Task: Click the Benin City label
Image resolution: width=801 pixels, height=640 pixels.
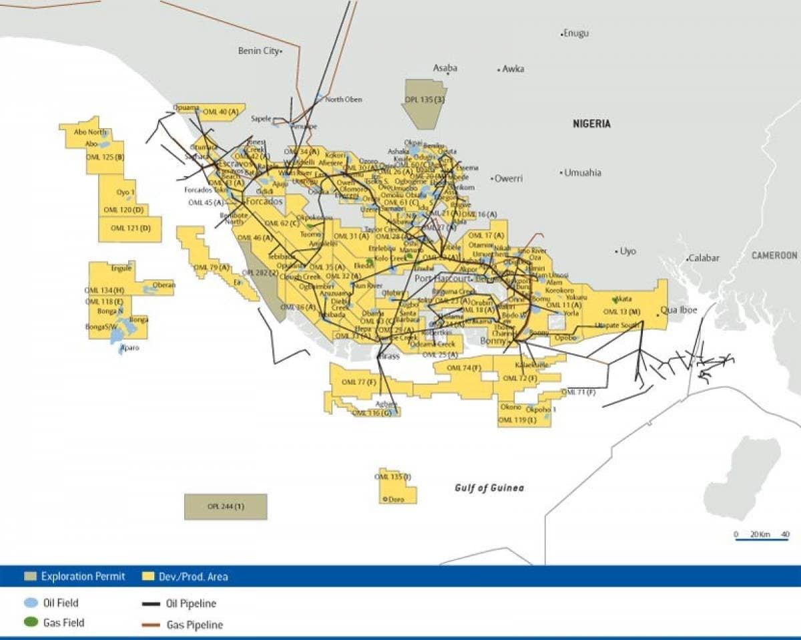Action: pos(258,51)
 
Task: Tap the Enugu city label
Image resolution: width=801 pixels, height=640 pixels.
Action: pos(577,33)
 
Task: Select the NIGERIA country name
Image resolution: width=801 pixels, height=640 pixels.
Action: pos(592,124)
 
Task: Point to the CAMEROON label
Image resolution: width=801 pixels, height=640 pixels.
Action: pos(774,255)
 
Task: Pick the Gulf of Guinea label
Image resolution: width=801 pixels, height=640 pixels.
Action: pos(489,488)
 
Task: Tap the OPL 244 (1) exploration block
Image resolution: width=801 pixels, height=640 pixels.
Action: pos(226,506)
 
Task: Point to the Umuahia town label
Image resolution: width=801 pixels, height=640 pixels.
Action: pos(583,172)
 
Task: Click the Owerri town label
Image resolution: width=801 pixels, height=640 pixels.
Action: pos(509,178)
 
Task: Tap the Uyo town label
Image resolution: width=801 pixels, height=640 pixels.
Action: pos(628,251)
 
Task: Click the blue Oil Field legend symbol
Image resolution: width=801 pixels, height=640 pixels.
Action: pos(31,603)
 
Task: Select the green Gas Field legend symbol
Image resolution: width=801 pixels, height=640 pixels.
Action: pos(31,623)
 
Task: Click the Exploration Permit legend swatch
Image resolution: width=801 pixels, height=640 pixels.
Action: pos(31,576)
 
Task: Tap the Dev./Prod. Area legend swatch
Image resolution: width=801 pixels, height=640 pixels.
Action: pos(149,576)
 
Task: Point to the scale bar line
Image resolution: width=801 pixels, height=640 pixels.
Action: pos(762,540)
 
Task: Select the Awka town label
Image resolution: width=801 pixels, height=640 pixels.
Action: pos(513,69)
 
